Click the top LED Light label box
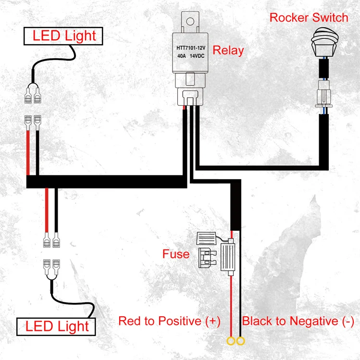point(64,36)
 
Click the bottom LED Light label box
point(57,327)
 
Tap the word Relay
point(228,50)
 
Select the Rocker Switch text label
point(309,18)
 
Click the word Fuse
point(176,253)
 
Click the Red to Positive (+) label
point(169,321)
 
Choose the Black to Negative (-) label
point(298,321)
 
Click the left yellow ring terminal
point(231,342)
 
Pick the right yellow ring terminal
point(240,342)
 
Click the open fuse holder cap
point(208,238)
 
